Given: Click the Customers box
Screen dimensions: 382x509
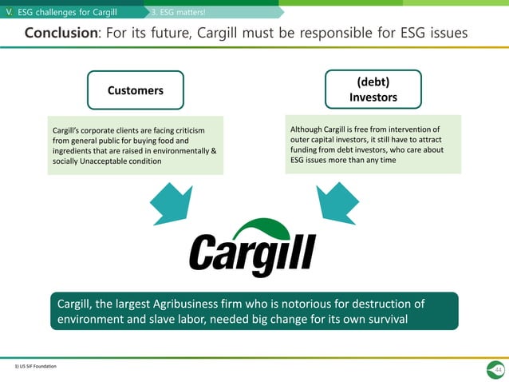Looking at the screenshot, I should click(x=136, y=90).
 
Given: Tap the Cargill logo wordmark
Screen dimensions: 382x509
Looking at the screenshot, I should click(x=252, y=254).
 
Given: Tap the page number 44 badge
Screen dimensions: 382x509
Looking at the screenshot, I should click(x=498, y=370).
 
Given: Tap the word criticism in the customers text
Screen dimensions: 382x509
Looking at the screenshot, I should click(x=184, y=130).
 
